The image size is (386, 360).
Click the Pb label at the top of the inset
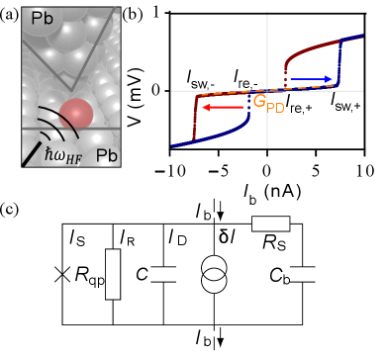coord(42,19)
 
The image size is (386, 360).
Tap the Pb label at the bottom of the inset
coord(108,155)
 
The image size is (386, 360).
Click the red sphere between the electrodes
coord(76,114)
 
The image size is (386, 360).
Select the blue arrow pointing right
coord(311,78)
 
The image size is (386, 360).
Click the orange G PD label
coord(268,102)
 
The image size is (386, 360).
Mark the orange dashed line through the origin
coord(238,95)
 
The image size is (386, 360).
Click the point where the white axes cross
coord(267,91)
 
